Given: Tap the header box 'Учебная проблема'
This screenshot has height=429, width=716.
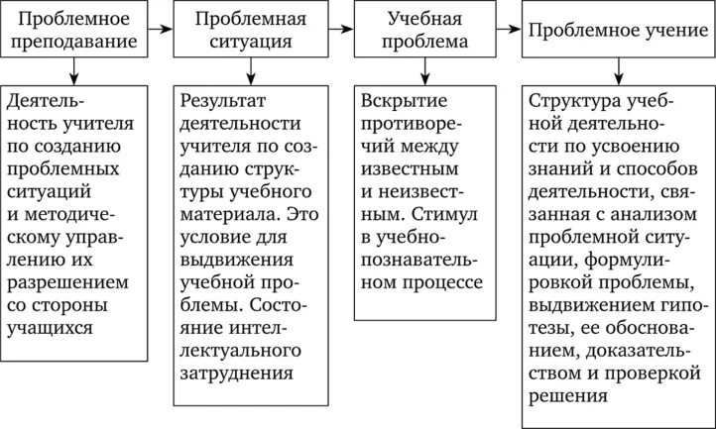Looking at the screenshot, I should coord(425,31).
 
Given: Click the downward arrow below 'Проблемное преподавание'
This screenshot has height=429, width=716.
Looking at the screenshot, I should coord(74,70).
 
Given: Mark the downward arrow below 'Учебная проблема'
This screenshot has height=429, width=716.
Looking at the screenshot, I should coord(425,70).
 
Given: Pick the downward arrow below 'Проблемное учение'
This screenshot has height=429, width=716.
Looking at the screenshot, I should coord(617,70).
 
